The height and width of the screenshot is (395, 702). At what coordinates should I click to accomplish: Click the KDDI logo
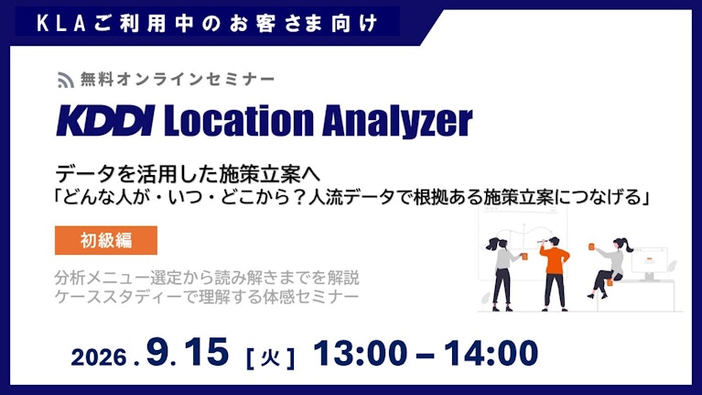click(x=105, y=120)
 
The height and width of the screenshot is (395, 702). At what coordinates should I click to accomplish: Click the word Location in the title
click(x=239, y=120)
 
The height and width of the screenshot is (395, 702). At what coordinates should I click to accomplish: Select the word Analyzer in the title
click(x=397, y=121)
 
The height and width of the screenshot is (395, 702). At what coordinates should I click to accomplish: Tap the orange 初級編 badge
click(x=106, y=240)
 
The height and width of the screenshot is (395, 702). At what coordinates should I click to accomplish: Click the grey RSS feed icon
click(x=65, y=80)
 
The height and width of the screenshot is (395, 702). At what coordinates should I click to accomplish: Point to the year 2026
click(x=99, y=357)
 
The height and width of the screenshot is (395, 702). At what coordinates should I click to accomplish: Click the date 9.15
click(x=187, y=352)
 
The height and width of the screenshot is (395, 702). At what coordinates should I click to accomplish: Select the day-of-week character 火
click(x=270, y=357)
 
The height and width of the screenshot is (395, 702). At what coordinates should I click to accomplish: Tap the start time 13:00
click(x=360, y=353)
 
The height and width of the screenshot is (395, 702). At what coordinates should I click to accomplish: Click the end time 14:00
click(x=491, y=353)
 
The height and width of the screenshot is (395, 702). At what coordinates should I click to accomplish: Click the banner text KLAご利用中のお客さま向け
click(x=207, y=23)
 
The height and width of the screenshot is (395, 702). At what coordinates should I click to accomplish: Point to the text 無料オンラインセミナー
click(x=178, y=80)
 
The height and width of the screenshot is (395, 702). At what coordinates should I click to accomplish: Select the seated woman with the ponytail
click(x=610, y=268)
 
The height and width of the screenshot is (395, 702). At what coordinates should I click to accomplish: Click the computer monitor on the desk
click(x=650, y=262)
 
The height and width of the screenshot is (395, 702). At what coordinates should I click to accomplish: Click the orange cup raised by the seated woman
click(x=591, y=247)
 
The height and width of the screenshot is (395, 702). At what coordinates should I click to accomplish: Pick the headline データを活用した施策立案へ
click(x=188, y=173)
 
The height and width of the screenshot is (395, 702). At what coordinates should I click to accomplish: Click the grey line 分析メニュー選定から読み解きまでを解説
click(x=207, y=278)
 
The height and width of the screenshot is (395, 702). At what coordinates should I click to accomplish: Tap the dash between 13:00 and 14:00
click(x=426, y=356)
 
